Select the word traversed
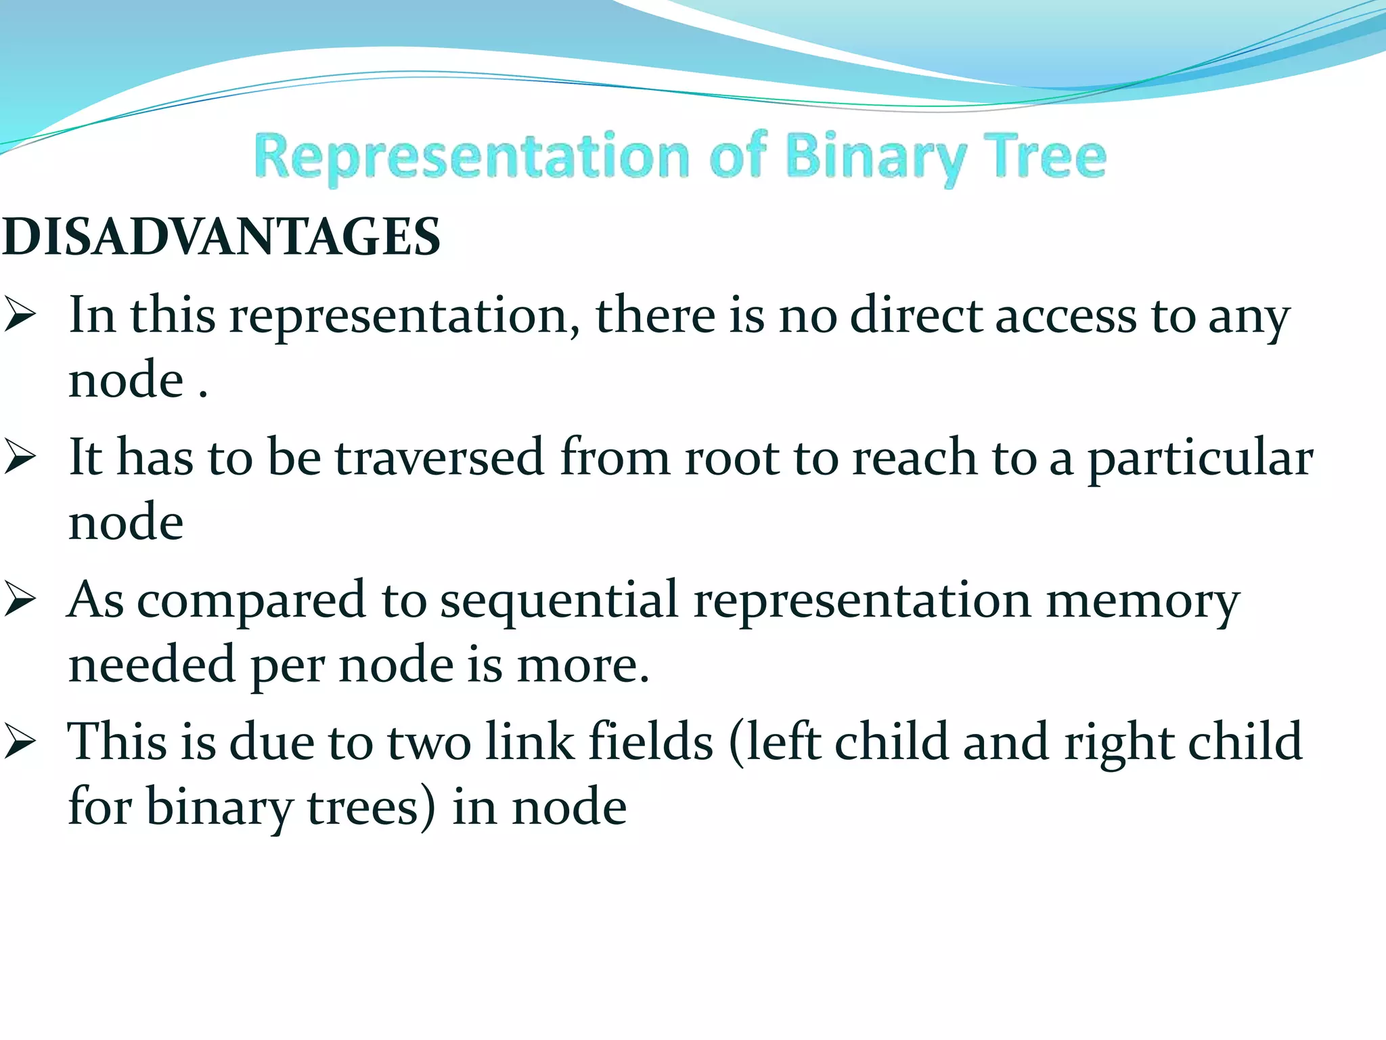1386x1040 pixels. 440,458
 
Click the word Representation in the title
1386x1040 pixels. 472,158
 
